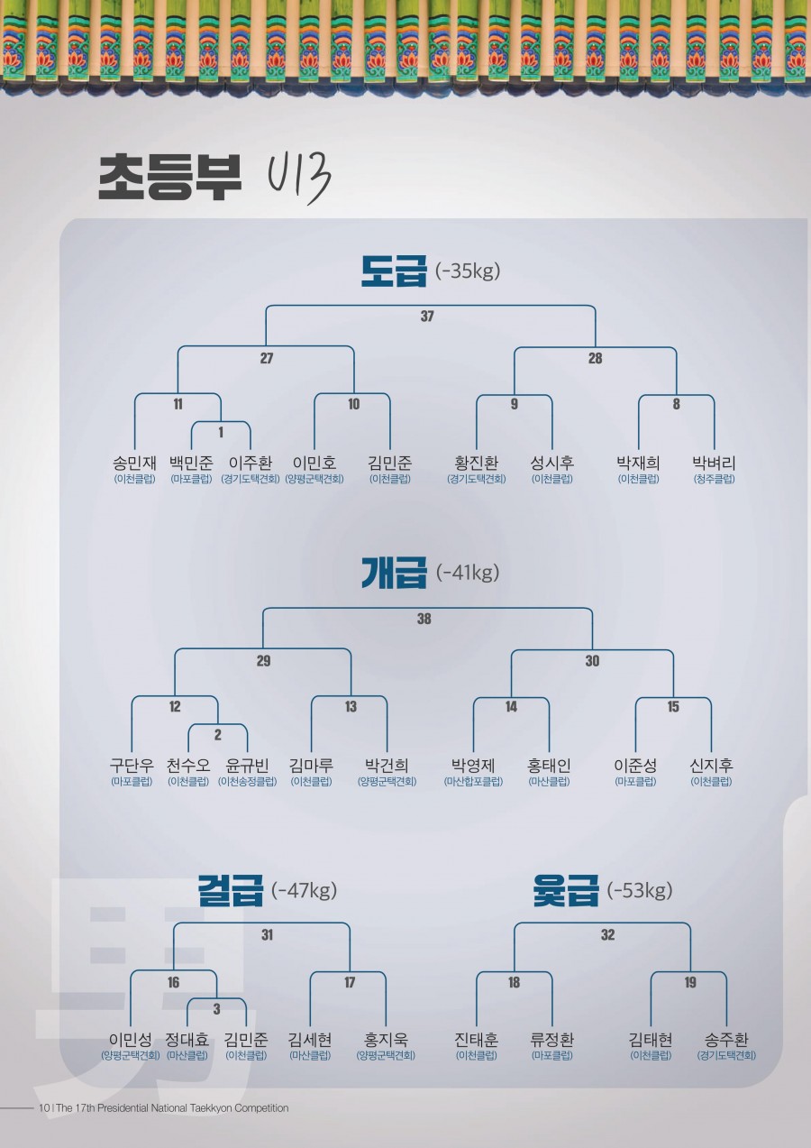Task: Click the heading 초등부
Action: click(170, 177)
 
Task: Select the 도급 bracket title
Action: click(393, 271)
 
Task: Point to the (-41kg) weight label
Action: click(467, 572)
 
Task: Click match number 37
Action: click(427, 317)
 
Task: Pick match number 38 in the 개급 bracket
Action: click(424, 619)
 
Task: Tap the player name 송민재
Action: click(134, 463)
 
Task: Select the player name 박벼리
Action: click(714, 463)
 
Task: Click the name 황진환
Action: click(477, 463)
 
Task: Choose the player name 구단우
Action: click(132, 766)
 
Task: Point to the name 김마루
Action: click(312, 766)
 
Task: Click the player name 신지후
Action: click(711, 766)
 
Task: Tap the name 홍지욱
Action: click(386, 1040)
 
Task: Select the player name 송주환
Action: click(726, 1040)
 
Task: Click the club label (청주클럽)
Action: click(714, 479)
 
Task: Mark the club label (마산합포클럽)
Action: click(473, 782)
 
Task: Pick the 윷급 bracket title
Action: click(565, 890)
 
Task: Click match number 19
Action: click(690, 982)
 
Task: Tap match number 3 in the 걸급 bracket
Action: click(216, 1009)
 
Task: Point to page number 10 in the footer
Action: click(43, 1108)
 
